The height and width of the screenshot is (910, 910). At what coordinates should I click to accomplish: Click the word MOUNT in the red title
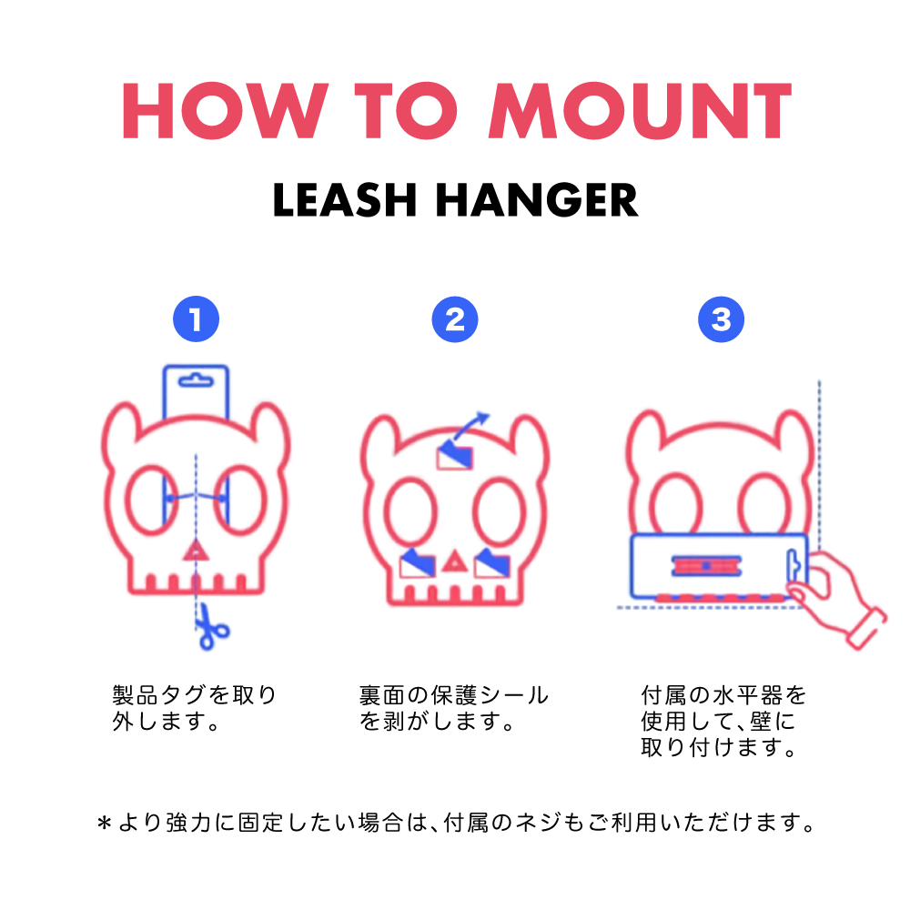pos(640,110)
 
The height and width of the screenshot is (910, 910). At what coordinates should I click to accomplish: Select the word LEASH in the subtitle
pos(345,199)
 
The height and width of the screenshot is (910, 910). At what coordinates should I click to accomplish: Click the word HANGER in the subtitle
pos(537,199)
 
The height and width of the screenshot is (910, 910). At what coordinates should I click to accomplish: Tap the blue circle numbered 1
pos(197,319)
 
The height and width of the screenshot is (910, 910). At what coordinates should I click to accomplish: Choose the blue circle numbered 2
pos(455,319)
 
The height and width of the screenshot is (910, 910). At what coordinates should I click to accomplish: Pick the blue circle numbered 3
pos(721,319)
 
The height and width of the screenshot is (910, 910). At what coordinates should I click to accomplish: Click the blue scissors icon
pos(211,627)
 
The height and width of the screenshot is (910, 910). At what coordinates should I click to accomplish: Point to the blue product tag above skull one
pos(196,390)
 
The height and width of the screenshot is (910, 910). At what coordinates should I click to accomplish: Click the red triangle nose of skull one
pos(196,551)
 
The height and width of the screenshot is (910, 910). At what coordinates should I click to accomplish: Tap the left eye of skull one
pos(152,500)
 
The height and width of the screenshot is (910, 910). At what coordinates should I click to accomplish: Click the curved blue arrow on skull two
pos(469,428)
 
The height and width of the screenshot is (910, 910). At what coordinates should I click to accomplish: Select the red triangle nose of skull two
pos(455,561)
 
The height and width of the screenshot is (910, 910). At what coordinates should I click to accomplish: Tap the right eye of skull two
pos(499,511)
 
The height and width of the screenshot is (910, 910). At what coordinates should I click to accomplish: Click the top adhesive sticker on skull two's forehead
pos(454,455)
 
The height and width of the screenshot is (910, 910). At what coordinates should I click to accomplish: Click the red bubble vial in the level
pos(706,566)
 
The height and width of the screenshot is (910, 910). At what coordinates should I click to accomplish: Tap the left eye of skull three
pos(675,504)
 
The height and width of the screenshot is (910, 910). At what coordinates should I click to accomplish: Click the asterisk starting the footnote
pos(105,824)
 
